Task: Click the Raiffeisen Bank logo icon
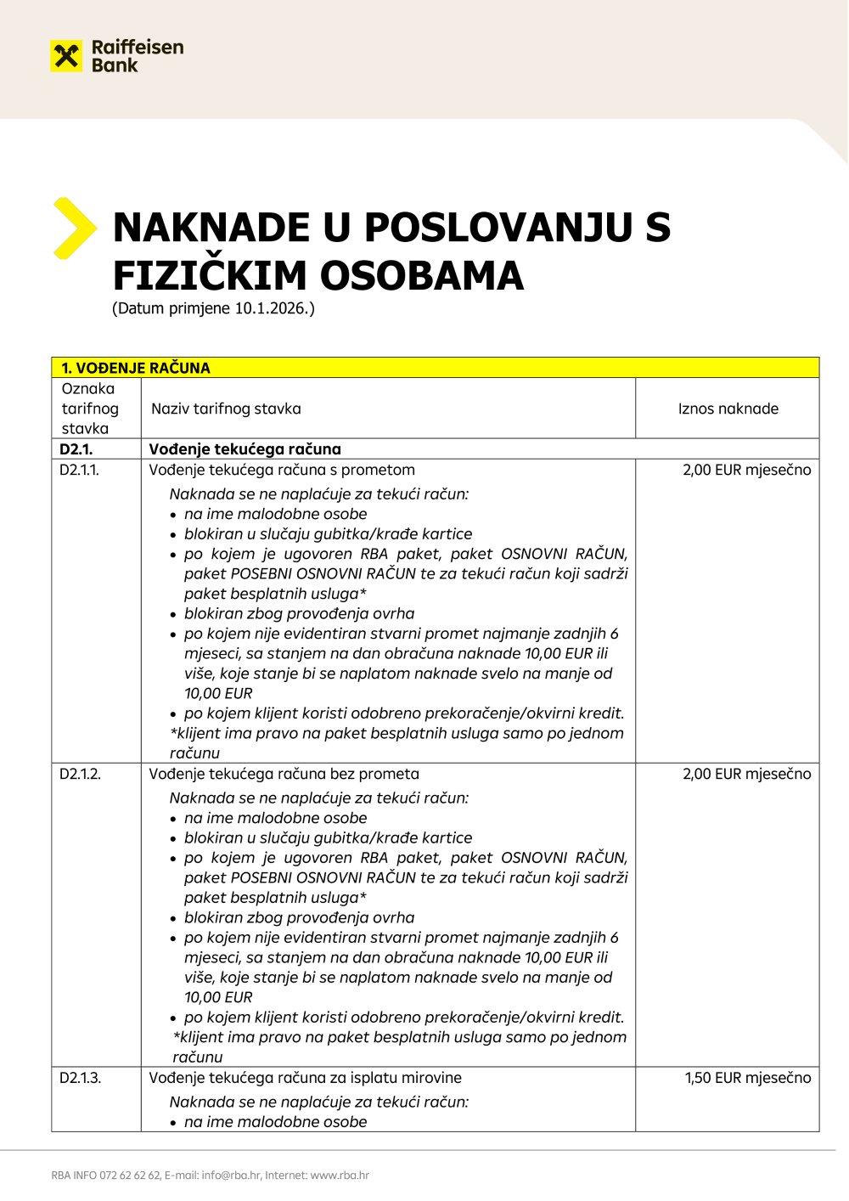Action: (67, 57)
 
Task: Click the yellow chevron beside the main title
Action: (74, 228)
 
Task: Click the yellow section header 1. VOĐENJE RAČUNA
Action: (136, 368)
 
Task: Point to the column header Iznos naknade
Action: (728, 409)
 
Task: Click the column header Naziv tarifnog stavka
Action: (226, 409)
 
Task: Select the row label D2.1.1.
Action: (79, 470)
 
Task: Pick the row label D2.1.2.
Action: (80, 774)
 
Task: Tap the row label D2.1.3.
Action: (80, 1078)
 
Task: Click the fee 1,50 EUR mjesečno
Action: (748, 1078)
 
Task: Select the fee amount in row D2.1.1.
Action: (746, 470)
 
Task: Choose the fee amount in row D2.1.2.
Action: (746, 774)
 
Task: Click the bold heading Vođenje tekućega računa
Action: (245, 449)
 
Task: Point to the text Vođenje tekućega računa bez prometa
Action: (284, 774)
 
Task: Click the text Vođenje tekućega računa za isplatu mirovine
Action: (305, 1078)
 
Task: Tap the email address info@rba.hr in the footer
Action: (230, 1176)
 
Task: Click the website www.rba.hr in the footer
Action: (340, 1176)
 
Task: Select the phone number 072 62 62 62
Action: (130, 1176)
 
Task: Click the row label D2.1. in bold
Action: (76, 449)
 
